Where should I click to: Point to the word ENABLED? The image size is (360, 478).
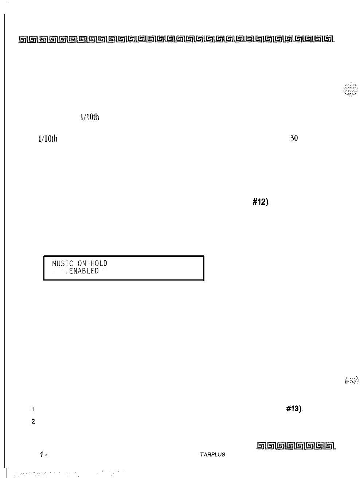[x=83, y=271]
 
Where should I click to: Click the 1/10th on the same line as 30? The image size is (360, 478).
[x=47, y=138]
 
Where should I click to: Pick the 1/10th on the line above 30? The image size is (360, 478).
[x=89, y=117]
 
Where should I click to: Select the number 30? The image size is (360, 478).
[x=294, y=138]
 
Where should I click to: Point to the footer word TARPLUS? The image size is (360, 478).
[x=212, y=455]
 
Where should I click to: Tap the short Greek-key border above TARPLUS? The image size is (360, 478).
[x=296, y=446]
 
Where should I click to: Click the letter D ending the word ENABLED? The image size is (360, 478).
[x=97, y=271]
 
